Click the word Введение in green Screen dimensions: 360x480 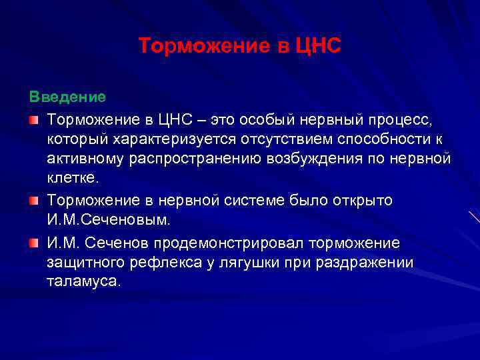[67, 97]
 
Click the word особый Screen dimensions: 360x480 [261, 119]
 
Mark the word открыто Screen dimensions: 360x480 [364, 201]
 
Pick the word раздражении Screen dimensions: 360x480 [369, 262]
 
